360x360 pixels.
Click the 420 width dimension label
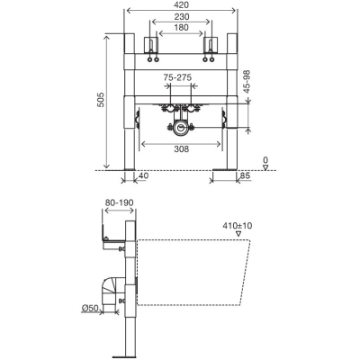pyautogui.click(x=182, y=4)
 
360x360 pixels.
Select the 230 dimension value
pyautogui.click(x=182, y=17)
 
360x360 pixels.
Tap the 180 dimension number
pyautogui.click(x=181, y=28)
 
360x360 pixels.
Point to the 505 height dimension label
pyautogui.click(x=101, y=99)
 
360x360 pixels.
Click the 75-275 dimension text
pyautogui.click(x=177, y=77)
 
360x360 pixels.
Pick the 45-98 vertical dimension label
pyautogui.click(x=247, y=82)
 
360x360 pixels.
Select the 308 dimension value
pyautogui.click(x=181, y=148)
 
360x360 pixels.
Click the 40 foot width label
pyautogui.click(x=143, y=175)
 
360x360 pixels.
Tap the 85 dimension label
pyautogui.click(x=245, y=175)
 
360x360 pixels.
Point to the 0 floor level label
pyautogui.click(x=265, y=160)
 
